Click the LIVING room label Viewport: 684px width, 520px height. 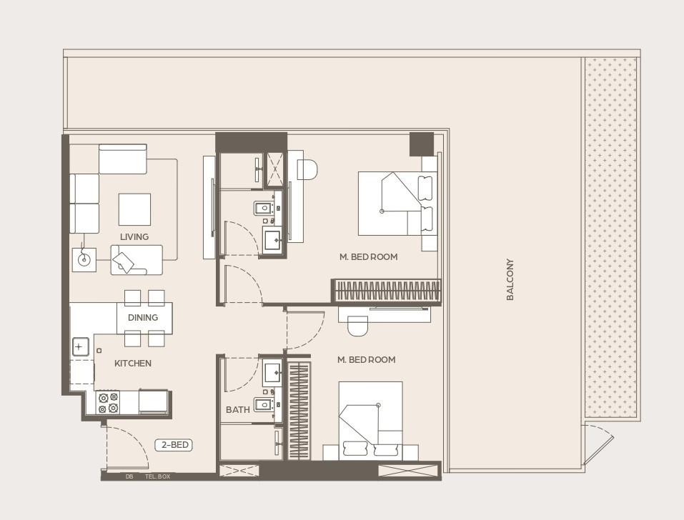(134, 236)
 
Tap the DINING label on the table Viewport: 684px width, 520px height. (143, 318)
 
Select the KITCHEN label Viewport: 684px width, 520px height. (133, 364)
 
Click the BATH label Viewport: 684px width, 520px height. (237, 410)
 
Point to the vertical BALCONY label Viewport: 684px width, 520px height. (510, 279)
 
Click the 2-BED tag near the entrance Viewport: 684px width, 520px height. (174, 445)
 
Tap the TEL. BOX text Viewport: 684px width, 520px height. (157, 476)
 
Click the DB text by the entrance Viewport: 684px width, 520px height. (129, 476)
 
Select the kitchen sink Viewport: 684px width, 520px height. (79, 348)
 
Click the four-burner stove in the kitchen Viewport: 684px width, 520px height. (108, 403)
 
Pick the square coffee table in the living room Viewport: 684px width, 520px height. (134, 209)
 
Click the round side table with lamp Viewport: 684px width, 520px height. (84, 259)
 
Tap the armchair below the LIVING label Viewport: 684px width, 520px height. (136, 260)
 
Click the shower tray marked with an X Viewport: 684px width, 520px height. (275, 169)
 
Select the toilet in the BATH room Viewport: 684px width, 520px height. (262, 405)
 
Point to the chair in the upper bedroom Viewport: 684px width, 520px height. (307, 170)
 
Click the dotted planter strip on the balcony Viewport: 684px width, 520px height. (611, 236)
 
